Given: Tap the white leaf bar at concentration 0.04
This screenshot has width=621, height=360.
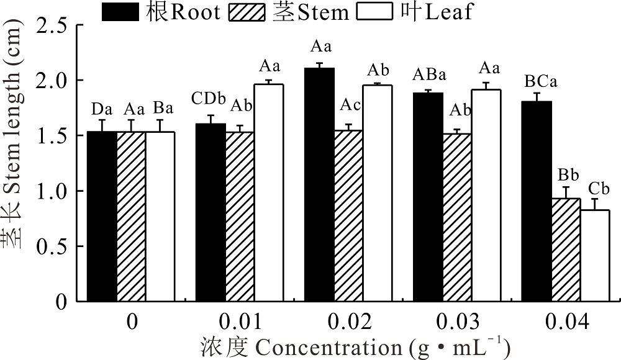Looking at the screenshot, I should tap(595, 256).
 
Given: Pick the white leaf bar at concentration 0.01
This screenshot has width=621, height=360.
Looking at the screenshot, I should tap(269, 193).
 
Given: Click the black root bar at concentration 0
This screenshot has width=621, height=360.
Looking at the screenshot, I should tap(102, 217).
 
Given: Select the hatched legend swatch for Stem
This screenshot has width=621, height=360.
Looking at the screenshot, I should tap(248, 12).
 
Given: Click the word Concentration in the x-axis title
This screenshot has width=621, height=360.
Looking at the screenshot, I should tap(320, 346).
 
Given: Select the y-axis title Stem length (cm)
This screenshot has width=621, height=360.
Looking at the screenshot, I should tap(18, 148).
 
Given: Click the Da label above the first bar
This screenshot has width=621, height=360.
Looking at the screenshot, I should tap(102, 109).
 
